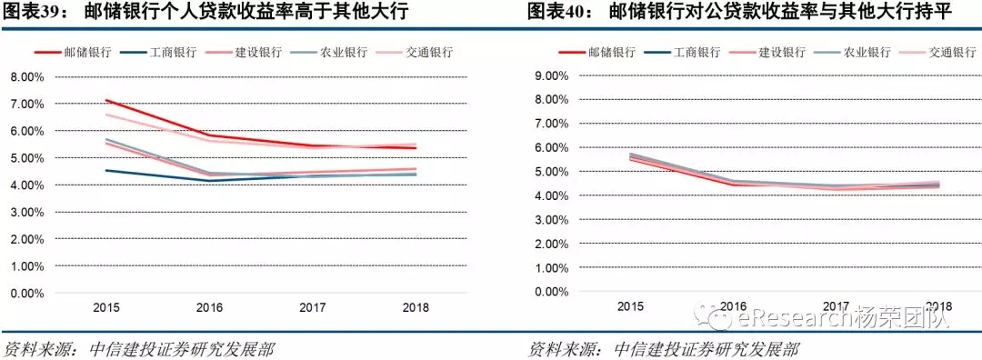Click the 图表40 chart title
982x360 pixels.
point(735,13)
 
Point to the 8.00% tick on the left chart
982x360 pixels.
point(26,77)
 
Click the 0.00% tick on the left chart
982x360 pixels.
point(26,293)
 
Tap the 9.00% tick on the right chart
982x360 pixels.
point(550,75)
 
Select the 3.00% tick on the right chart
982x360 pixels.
point(550,220)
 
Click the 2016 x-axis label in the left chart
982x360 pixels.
point(210,307)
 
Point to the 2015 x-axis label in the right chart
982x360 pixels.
point(631,306)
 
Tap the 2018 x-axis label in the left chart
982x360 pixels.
point(416,307)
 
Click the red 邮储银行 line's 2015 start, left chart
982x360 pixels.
point(107,100)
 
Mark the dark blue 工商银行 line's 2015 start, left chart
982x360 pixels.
point(107,170)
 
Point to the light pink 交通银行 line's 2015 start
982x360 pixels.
point(107,115)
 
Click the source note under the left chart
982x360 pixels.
point(140,349)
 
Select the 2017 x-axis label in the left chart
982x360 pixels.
point(313,307)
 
